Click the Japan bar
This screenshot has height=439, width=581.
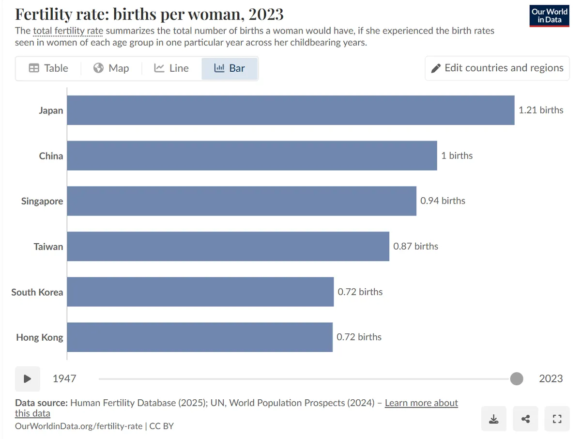pyautogui.click(x=290, y=110)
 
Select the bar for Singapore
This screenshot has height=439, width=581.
pyautogui.click(x=242, y=201)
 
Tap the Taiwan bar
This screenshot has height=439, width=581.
pyautogui.click(x=228, y=247)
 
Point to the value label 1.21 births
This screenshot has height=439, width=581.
pyautogui.click(x=541, y=110)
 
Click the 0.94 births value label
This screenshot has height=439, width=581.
pyautogui.click(x=443, y=201)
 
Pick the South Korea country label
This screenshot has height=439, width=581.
pyautogui.click(x=37, y=292)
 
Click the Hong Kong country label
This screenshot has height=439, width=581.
pyautogui.click(x=40, y=338)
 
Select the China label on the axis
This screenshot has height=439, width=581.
pyautogui.click(x=51, y=156)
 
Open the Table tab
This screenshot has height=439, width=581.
pyautogui.click(x=48, y=68)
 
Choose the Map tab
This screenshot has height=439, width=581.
pyautogui.click(x=111, y=68)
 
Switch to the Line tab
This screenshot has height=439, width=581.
pyautogui.click(x=171, y=68)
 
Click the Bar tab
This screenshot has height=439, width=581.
pyautogui.click(x=229, y=68)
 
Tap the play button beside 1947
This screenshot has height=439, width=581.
pyautogui.click(x=28, y=379)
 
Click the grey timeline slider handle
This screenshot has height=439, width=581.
pyautogui.click(x=517, y=378)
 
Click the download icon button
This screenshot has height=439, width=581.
pyautogui.click(x=494, y=419)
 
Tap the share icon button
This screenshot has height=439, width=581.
pyautogui.click(x=525, y=419)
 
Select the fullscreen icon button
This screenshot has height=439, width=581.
pyautogui.click(x=557, y=419)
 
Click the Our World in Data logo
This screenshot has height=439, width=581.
pyautogui.click(x=550, y=16)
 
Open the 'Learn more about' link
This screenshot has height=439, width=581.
pyautogui.click(x=421, y=403)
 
